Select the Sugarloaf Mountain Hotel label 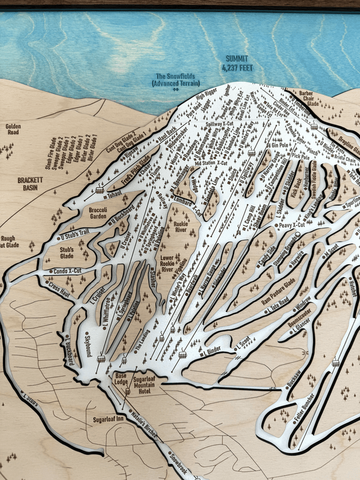[150, 385]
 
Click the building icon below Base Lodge [128, 392]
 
